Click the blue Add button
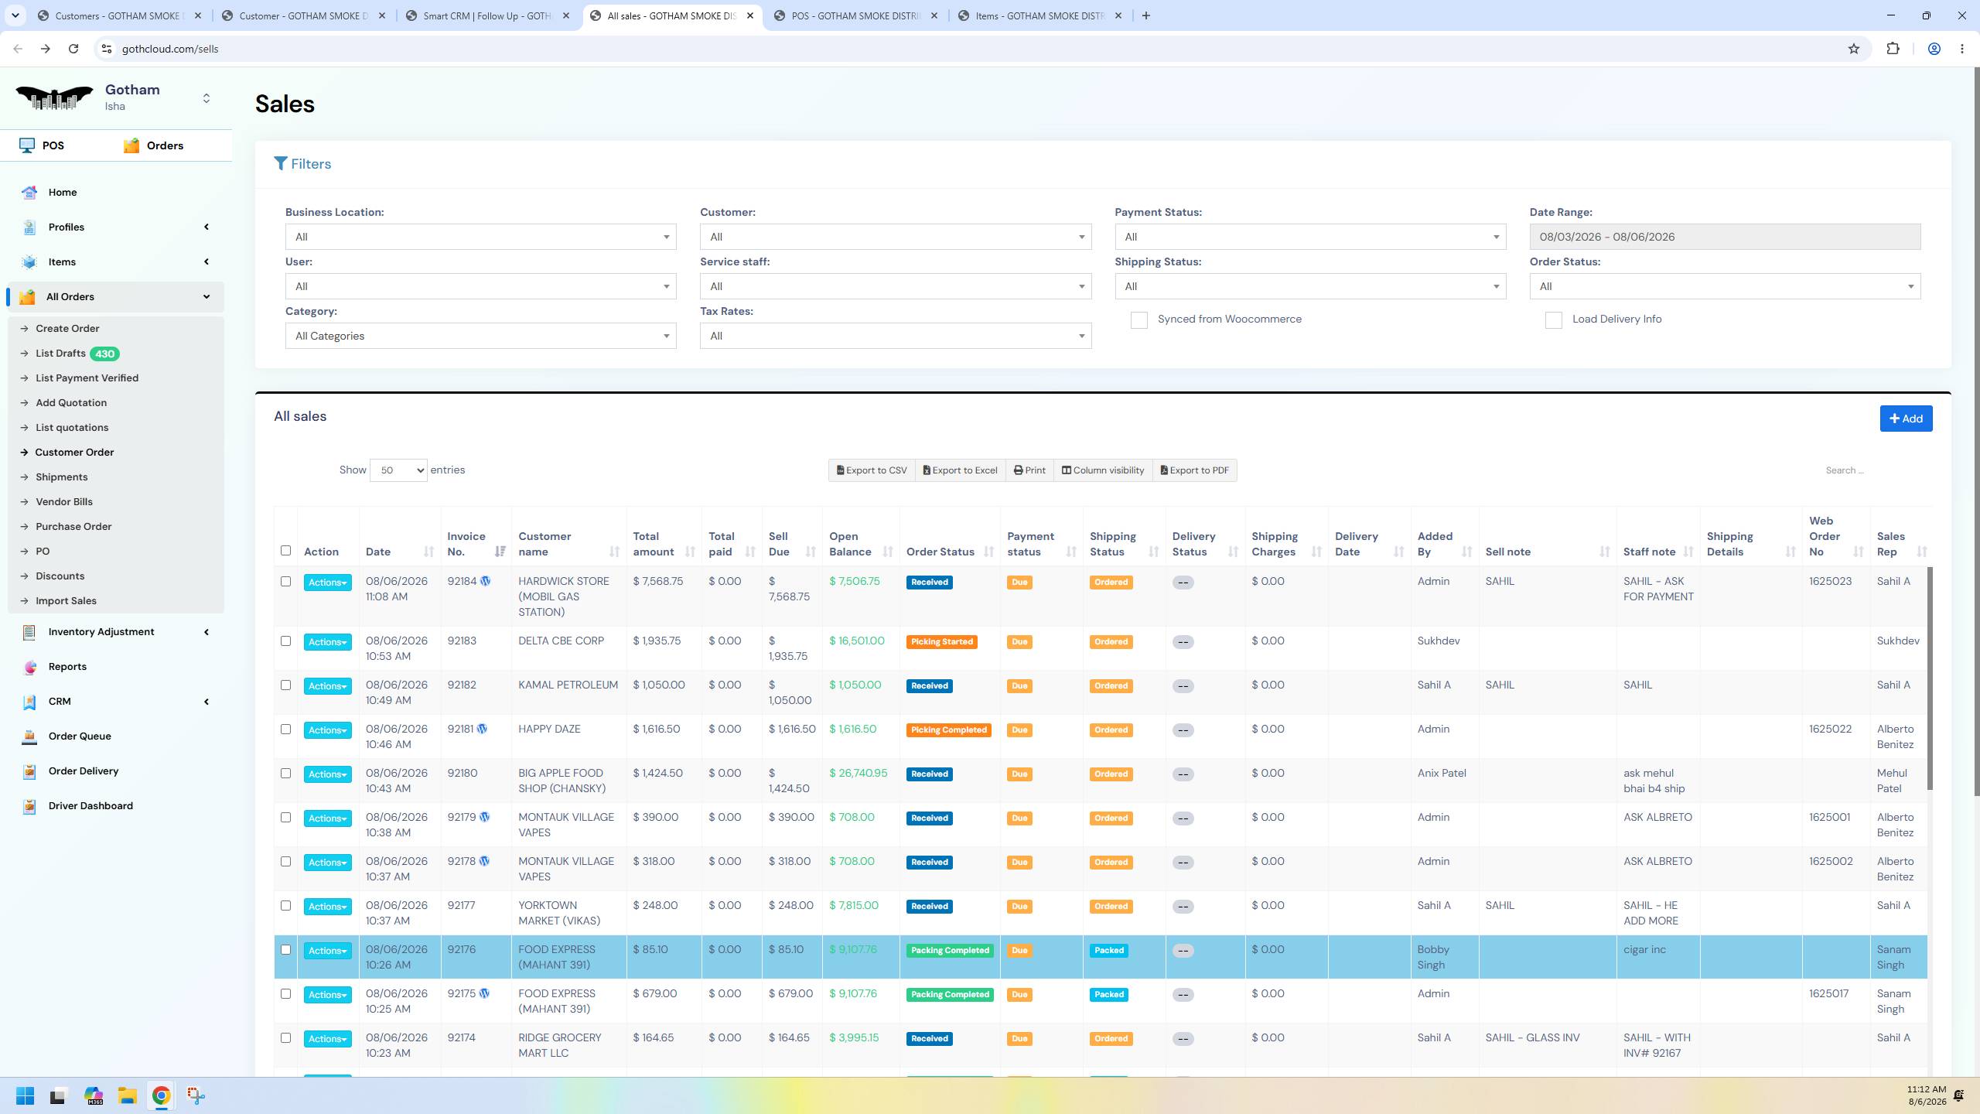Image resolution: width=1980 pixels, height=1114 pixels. [1906, 419]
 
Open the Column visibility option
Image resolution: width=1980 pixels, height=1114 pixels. [1103, 470]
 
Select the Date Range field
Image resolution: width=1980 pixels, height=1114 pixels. [1725, 237]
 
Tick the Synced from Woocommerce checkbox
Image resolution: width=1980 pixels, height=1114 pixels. [1138, 320]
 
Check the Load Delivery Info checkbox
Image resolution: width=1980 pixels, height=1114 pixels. [1553, 320]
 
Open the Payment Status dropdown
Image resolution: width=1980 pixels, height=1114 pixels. [1310, 237]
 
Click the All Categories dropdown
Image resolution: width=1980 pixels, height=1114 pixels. [480, 336]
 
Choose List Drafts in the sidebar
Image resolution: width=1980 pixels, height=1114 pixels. [60, 354]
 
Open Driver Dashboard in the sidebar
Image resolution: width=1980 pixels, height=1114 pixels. [90, 806]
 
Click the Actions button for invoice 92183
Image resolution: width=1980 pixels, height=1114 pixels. [327, 642]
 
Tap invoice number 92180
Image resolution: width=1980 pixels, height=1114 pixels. [462, 774]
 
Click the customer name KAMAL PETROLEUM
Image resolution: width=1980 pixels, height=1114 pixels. [568, 685]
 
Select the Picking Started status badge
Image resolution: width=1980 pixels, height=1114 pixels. [941, 642]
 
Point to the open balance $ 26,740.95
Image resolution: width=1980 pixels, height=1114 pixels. [858, 774]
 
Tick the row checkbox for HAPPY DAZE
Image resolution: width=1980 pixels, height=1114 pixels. [285, 730]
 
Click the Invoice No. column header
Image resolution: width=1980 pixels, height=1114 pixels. [466, 544]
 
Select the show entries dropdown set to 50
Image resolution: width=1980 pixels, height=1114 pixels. [398, 470]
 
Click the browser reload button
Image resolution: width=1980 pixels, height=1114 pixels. [73, 49]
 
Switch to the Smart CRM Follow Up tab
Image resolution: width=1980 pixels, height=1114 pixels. [488, 15]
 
